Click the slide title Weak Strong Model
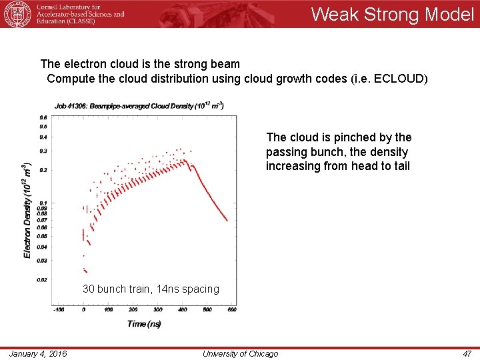392,15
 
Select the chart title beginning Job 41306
139,105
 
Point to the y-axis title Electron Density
27,210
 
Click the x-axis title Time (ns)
143,324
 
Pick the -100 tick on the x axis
59,310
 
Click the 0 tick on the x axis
84,310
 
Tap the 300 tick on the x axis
157,310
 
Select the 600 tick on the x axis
231,310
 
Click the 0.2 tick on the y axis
43,170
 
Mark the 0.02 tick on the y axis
42,280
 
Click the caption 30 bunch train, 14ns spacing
151,289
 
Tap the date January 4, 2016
38,353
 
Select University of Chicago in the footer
240,353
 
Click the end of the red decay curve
227,220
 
